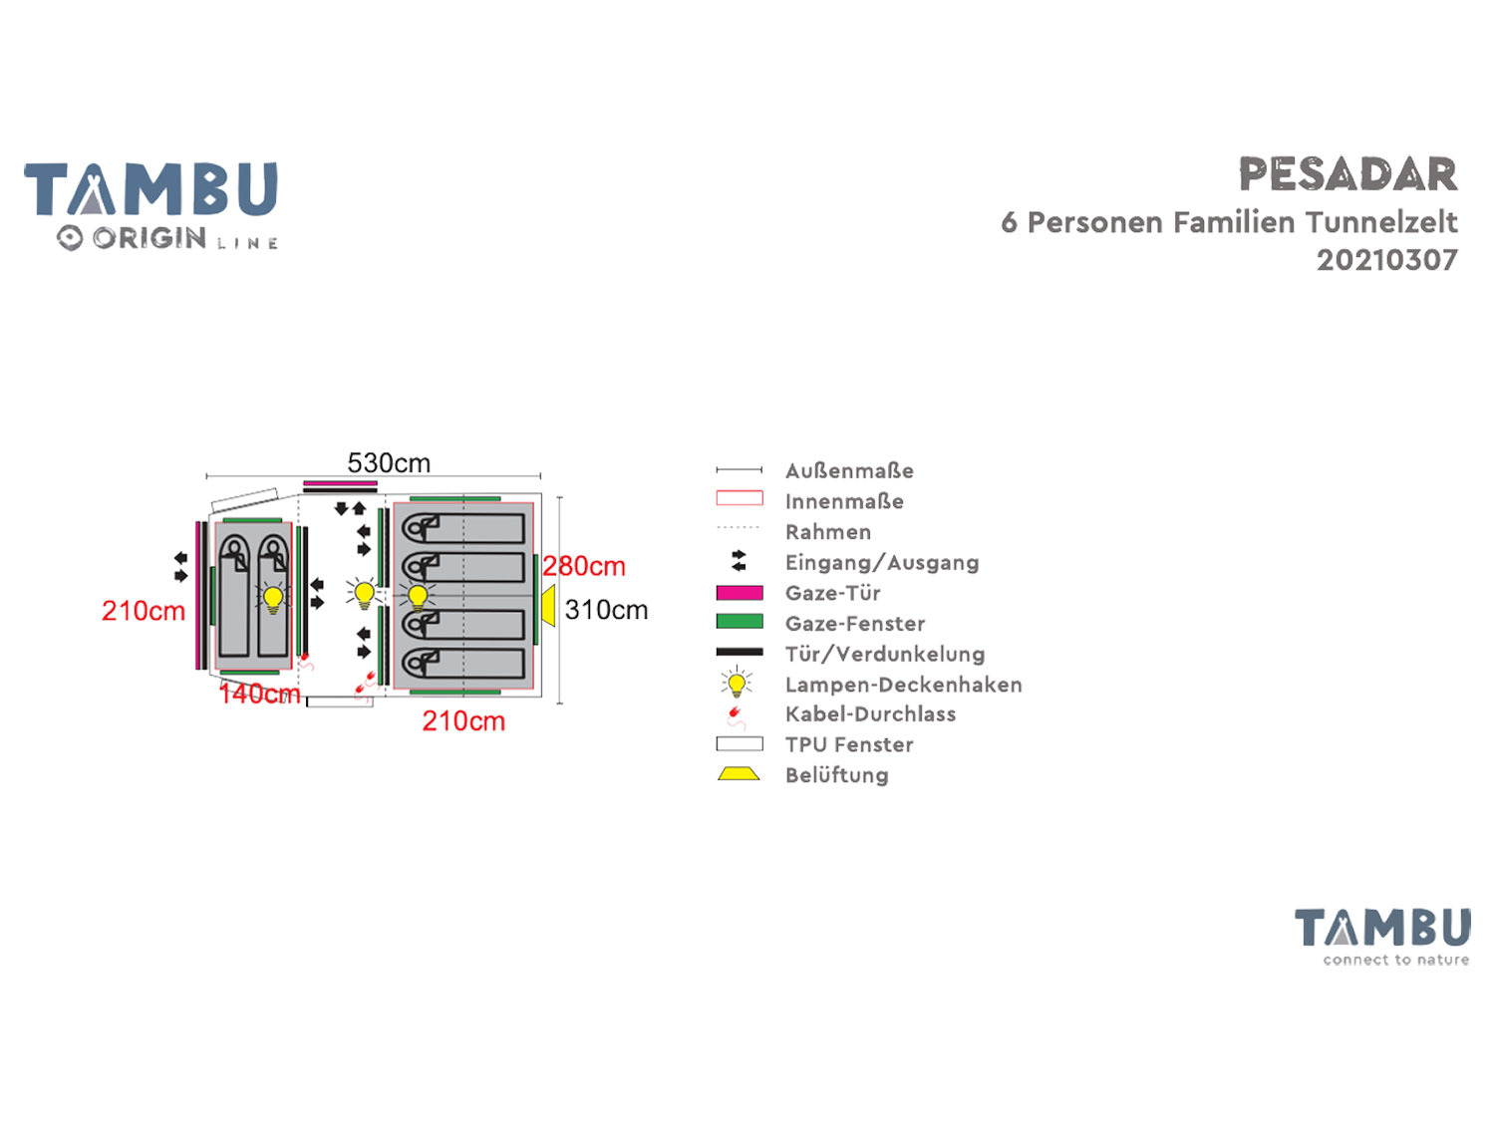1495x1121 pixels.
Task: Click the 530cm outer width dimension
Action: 389,463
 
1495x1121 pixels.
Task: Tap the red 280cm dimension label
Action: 584,566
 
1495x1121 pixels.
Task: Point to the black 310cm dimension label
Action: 606,610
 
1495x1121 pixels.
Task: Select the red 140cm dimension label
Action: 259,694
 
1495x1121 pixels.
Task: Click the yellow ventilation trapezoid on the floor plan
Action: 548,606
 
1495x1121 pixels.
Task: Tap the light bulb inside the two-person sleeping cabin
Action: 272,598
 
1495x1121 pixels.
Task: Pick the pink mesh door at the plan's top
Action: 340,483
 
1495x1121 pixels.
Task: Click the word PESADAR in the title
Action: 1347,175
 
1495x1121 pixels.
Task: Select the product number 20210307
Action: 1386,260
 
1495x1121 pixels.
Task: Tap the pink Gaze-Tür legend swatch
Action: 740,593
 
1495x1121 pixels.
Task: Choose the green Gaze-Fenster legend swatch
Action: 740,623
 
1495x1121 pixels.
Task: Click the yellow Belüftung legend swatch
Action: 739,774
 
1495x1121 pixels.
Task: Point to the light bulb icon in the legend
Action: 737,684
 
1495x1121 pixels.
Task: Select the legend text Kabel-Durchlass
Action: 870,713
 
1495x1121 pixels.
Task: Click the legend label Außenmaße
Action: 849,470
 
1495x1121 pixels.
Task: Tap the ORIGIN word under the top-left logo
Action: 149,238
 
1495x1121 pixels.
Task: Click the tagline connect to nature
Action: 1395,960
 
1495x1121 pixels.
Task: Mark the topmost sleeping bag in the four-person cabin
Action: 463,527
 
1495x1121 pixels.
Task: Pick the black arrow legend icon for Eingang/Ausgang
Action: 739,561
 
